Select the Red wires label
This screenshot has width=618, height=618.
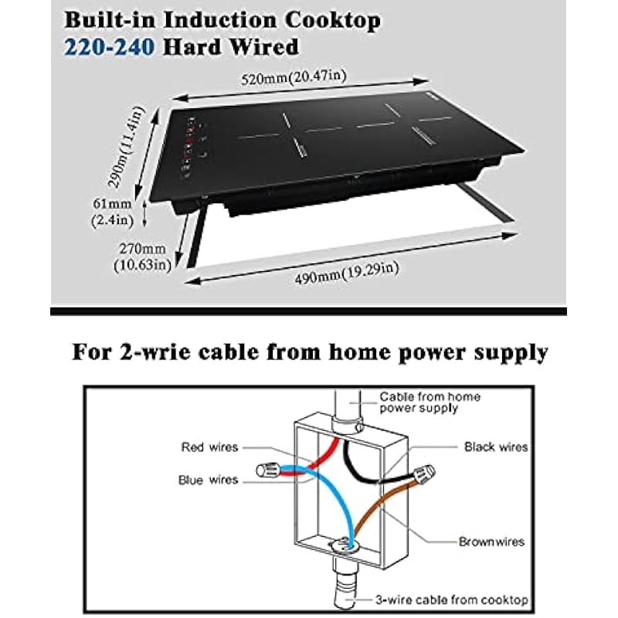210,447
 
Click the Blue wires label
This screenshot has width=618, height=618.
209,480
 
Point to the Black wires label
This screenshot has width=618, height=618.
496,447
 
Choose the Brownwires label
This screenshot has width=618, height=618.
491,542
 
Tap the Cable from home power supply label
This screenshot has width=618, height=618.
430,402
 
